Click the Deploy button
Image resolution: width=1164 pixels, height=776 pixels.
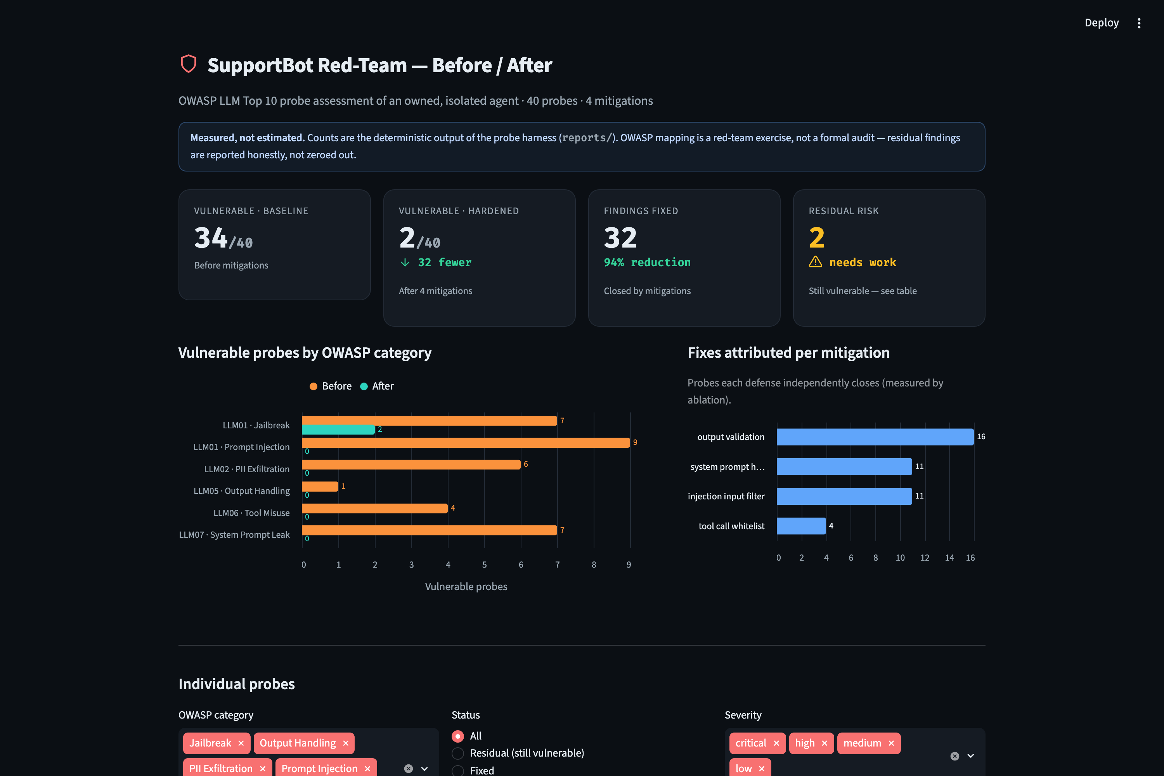pos(1101,23)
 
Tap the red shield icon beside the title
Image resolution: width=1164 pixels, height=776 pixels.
pos(188,64)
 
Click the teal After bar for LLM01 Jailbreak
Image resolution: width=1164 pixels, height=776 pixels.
pos(338,430)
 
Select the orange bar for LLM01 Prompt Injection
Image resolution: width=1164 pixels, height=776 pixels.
pos(466,442)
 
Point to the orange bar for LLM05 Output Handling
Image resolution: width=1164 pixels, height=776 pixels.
pos(320,486)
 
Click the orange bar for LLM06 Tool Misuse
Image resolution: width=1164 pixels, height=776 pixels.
pos(375,508)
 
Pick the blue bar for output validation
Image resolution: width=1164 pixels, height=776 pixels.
pos(875,436)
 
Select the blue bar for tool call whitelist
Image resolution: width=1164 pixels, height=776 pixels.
pos(801,526)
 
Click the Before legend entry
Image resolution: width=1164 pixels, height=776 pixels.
pos(331,386)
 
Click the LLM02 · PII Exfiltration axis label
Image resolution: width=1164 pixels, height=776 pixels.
pos(246,469)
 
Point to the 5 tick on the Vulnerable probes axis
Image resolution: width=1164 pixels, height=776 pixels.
pos(485,565)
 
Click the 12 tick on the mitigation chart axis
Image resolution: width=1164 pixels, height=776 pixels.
pos(925,558)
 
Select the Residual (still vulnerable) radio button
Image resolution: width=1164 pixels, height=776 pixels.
pos(458,753)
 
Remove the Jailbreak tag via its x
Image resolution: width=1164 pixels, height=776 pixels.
pos(241,743)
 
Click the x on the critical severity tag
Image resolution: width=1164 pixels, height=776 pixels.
pos(776,743)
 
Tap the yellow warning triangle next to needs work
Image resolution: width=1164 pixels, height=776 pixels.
pos(816,262)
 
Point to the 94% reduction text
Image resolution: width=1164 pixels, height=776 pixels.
pos(647,262)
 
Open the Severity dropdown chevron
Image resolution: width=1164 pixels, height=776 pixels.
pos(970,756)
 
